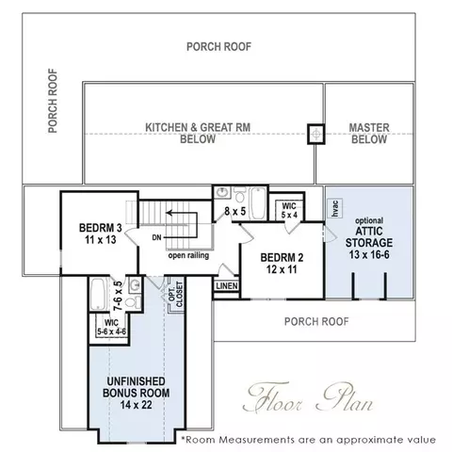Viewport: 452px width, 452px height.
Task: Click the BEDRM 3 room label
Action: click(101, 234)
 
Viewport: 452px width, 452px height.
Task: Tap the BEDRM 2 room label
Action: click(282, 264)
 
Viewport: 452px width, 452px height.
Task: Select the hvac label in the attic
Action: click(335, 208)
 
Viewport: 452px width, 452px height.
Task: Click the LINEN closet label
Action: click(227, 286)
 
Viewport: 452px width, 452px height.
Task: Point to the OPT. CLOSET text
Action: click(176, 295)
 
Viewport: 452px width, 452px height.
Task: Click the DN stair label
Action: click(156, 237)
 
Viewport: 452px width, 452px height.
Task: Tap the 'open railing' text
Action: click(188, 255)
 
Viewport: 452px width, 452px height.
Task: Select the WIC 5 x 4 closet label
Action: click(289, 211)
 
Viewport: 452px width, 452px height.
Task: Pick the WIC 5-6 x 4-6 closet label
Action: click(111, 327)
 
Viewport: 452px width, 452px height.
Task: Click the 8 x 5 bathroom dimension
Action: click(235, 211)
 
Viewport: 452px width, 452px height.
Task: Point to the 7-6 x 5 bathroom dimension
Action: click(118, 296)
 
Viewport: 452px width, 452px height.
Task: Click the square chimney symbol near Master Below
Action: click(316, 135)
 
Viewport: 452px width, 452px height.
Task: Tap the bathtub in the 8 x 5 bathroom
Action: click(258, 203)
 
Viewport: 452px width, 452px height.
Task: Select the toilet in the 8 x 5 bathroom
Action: click(240, 194)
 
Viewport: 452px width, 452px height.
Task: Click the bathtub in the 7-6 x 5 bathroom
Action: click(98, 294)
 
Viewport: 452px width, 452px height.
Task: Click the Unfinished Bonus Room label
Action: click(137, 393)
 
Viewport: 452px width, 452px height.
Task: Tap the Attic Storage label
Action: click(369, 239)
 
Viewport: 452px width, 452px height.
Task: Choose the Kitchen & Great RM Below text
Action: click(198, 133)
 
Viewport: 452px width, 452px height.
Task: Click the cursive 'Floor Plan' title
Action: click(309, 397)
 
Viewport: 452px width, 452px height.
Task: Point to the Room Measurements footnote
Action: click(309, 440)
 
